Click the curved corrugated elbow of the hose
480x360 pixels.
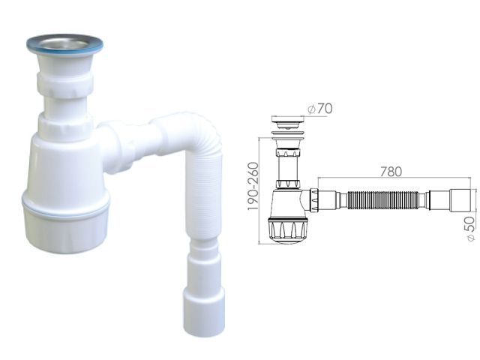pyautogui.click(x=196, y=132)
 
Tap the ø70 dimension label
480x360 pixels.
pyautogui.click(x=320, y=109)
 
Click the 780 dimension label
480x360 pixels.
pyautogui.click(x=391, y=172)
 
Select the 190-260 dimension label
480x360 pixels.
pyautogui.click(x=253, y=186)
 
